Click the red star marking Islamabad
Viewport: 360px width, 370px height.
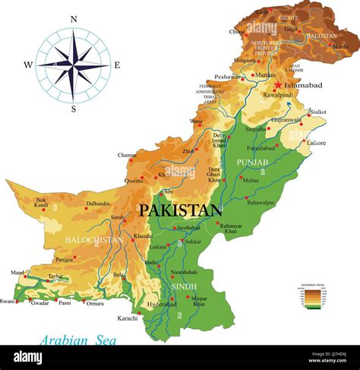point(279,85)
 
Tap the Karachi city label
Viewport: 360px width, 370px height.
point(128,318)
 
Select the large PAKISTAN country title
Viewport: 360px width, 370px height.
point(179,210)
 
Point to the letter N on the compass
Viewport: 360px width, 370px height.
point(74,20)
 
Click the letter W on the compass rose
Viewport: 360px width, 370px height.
point(28,65)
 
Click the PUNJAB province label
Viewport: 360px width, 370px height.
point(254,163)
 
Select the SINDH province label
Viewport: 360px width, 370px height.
point(184,286)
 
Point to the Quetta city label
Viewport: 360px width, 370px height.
point(134,181)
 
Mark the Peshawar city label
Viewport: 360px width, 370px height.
point(227,77)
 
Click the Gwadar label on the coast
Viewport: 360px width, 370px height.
point(39,302)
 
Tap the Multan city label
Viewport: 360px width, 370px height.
point(251,180)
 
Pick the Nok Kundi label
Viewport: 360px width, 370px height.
point(41,203)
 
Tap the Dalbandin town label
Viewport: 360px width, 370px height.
point(98,204)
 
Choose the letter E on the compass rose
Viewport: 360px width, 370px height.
point(116,65)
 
